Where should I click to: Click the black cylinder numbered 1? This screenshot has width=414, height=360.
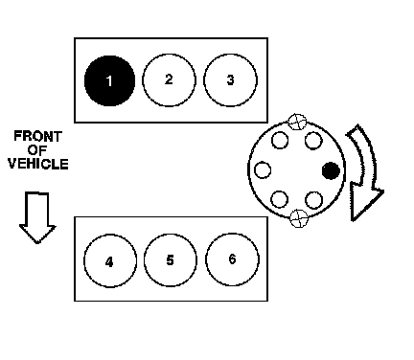(x=109, y=80)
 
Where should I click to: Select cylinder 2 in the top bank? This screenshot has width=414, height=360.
(x=169, y=80)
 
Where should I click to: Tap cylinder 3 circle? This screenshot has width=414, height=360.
(x=230, y=80)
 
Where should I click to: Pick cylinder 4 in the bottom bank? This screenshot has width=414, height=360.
(x=110, y=260)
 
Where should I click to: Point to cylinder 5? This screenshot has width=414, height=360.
(x=171, y=260)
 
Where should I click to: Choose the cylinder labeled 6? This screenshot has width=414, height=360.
(x=232, y=259)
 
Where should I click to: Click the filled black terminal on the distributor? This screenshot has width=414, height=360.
(x=331, y=170)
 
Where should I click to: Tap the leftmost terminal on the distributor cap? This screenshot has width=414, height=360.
(x=263, y=169)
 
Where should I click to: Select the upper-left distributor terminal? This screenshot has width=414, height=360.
(x=280, y=140)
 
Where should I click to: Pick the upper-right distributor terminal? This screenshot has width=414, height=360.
(x=313, y=141)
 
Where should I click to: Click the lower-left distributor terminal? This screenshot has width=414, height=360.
(x=280, y=199)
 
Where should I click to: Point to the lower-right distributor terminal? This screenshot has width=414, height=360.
(x=313, y=200)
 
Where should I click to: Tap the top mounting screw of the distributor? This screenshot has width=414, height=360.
(x=297, y=122)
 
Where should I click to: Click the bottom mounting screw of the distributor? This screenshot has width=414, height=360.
(x=299, y=218)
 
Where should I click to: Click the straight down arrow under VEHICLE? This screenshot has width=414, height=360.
(x=37, y=217)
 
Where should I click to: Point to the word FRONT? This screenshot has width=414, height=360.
(x=37, y=137)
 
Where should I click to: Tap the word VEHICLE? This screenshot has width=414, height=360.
(x=38, y=164)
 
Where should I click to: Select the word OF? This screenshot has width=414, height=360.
(x=37, y=150)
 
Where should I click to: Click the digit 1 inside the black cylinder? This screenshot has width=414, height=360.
(x=109, y=81)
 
